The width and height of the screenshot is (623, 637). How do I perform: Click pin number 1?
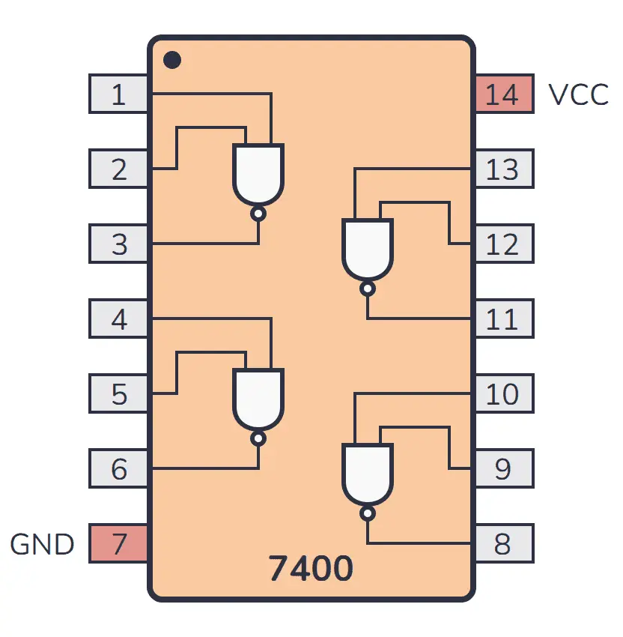(x=118, y=94)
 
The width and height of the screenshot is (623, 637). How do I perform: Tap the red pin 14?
(x=503, y=94)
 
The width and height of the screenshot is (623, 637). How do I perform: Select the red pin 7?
(x=118, y=544)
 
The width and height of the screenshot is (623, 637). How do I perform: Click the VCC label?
(x=577, y=95)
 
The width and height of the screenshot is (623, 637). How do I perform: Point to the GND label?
(x=42, y=544)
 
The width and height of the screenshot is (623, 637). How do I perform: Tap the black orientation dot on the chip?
(x=172, y=59)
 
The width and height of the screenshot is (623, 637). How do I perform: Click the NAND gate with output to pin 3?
(x=258, y=174)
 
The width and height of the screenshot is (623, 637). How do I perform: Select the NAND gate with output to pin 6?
(x=258, y=399)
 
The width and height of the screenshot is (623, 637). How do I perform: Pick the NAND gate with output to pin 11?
(x=367, y=249)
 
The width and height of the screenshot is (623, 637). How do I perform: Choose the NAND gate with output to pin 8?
(x=367, y=474)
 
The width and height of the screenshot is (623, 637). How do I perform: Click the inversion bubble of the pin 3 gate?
(x=258, y=214)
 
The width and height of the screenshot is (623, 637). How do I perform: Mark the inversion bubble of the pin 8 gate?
(x=367, y=513)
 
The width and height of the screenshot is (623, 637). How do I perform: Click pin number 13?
(x=503, y=169)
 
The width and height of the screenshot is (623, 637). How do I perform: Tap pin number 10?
(x=503, y=394)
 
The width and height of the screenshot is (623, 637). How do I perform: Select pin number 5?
(x=118, y=394)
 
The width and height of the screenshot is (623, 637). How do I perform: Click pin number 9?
(x=503, y=469)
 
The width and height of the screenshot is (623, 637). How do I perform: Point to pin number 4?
(x=118, y=319)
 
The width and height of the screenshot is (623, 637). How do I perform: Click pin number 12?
(x=503, y=244)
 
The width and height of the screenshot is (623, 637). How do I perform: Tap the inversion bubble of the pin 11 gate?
(x=367, y=289)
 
